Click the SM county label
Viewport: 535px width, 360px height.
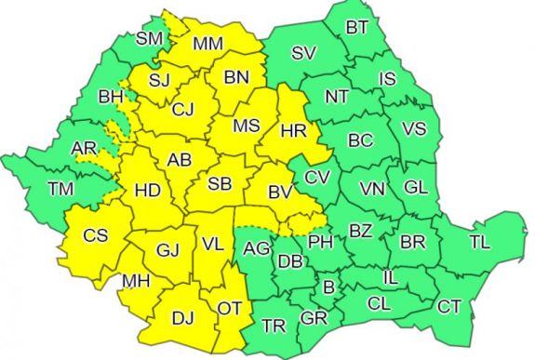point(150,38)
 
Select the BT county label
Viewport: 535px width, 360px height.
point(357,27)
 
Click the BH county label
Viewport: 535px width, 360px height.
point(111,95)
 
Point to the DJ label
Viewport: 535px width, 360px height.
point(183,317)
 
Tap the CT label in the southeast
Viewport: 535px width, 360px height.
point(449,305)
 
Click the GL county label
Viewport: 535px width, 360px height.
point(416,187)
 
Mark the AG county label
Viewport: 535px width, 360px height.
point(256,248)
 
